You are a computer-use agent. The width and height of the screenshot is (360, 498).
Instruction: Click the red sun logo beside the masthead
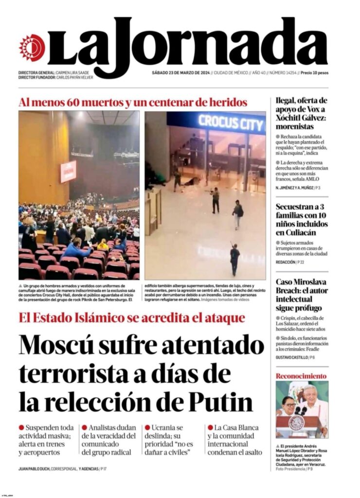coord(32,48)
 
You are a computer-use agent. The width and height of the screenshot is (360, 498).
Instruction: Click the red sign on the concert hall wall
coord(68,171)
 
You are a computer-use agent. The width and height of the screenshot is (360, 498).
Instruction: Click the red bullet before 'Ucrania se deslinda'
coord(147,427)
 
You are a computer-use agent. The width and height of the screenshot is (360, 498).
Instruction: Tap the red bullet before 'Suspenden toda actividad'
coord(21,427)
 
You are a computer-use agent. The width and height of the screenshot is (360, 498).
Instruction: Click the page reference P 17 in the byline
coord(105,469)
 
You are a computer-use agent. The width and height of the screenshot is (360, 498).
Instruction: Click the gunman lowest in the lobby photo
coord(235,259)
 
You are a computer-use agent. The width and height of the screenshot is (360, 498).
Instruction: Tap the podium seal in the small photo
coord(296,421)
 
